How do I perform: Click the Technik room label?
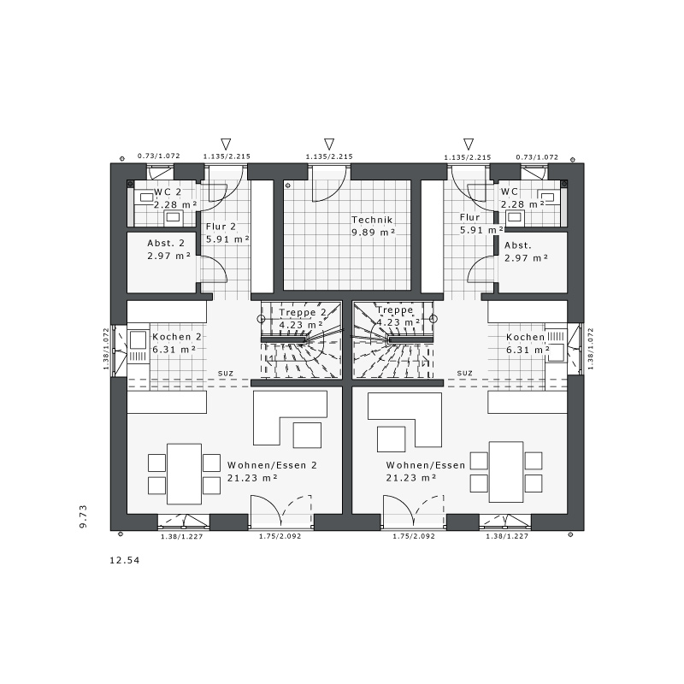pos(372,220)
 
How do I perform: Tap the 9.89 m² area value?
pos(374,233)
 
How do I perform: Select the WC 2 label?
pos(168,192)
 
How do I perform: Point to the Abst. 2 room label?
pos(166,244)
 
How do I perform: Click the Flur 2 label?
pos(221,227)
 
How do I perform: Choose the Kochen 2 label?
pos(177,337)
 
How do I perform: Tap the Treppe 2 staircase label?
pos(303,312)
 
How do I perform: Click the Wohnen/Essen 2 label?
pos(272,465)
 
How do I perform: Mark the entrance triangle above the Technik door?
pos(329,144)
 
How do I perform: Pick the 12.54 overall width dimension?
pos(125,560)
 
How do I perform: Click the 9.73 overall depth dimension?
pos(83,516)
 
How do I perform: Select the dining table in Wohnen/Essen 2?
pos(184,474)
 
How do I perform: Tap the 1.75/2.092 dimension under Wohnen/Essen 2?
pos(280,536)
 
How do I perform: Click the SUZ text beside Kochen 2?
pos(226,374)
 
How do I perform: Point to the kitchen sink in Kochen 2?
pos(138,340)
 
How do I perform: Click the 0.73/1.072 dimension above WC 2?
pos(159,156)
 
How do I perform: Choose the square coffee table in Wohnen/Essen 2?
pos(307,435)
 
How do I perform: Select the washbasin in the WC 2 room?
pos(174,217)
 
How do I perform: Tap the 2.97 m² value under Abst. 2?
pos(169,256)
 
